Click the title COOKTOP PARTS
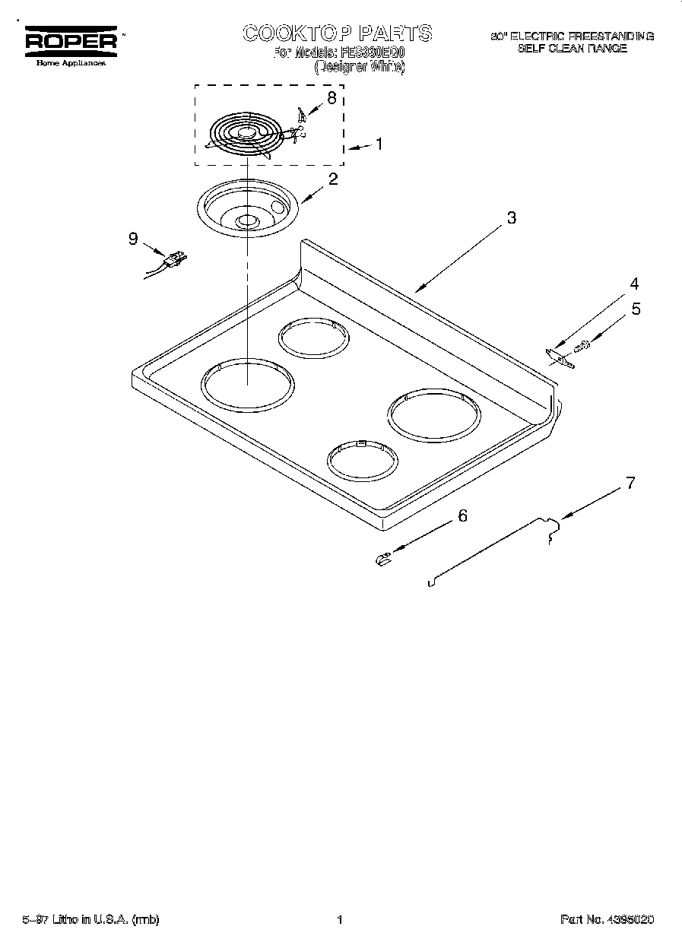(x=337, y=33)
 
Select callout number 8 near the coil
(x=331, y=97)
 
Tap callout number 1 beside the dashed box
(x=379, y=144)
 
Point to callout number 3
(x=511, y=218)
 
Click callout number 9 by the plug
(x=133, y=239)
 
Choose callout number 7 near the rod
(x=630, y=482)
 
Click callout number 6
(x=461, y=515)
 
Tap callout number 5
(x=636, y=309)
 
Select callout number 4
(x=633, y=284)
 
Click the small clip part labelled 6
(x=382, y=560)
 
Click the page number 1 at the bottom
(x=340, y=920)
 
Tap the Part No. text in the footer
(x=607, y=920)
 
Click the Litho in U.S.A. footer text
(x=90, y=920)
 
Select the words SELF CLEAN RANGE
(x=572, y=49)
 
